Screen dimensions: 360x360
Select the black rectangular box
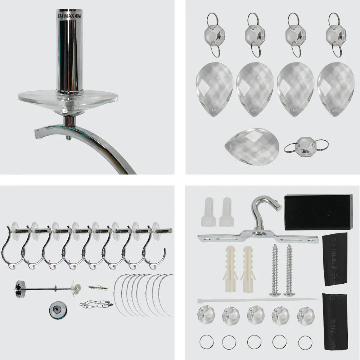(x=318, y=212)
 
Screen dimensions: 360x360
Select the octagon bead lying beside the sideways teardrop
(x=306, y=146)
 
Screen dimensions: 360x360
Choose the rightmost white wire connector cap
(x=226, y=212)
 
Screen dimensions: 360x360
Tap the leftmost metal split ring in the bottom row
(x=206, y=342)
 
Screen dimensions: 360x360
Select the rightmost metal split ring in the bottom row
(x=305, y=342)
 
